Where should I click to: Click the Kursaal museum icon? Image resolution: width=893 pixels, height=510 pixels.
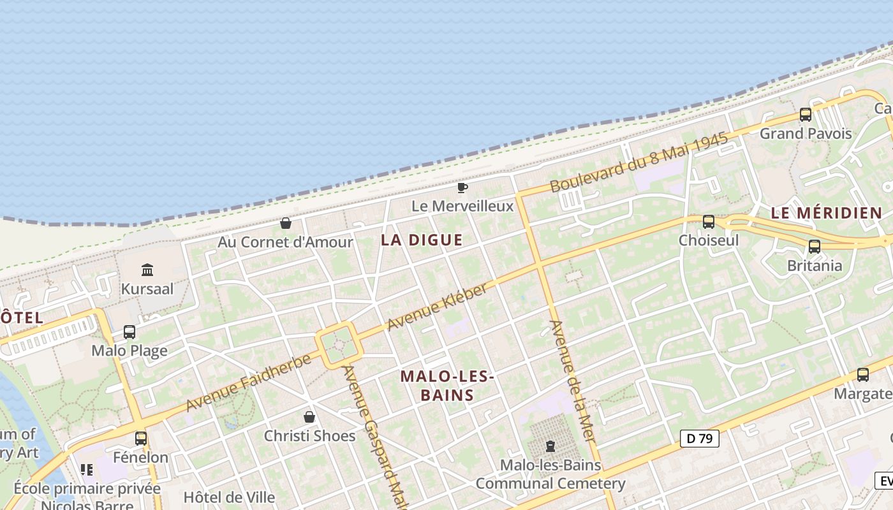click(147, 270)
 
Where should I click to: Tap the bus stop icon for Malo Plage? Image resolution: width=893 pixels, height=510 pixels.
click(129, 332)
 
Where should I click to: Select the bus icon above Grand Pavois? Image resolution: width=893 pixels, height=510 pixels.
click(806, 115)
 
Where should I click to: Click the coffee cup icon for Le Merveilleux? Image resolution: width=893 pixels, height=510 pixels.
click(462, 187)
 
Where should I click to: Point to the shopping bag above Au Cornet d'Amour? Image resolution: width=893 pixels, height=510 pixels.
click(286, 223)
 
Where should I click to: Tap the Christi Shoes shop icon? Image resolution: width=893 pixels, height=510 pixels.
click(309, 417)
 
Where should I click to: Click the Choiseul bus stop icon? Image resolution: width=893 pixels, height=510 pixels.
click(709, 222)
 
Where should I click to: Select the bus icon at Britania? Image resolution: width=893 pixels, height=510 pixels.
click(815, 247)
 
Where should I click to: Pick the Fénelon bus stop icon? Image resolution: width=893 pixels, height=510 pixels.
click(141, 439)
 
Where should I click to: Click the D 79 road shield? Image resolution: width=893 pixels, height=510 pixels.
click(700, 439)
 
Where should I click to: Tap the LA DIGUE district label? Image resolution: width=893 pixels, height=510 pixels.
click(422, 240)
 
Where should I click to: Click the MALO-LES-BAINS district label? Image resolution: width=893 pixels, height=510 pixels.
click(447, 386)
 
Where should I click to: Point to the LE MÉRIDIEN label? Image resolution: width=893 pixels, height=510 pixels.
click(826, 214)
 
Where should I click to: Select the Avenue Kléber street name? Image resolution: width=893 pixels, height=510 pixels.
click(437, 307)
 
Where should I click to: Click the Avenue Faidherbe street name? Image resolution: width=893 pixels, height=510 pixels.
click(248, 382)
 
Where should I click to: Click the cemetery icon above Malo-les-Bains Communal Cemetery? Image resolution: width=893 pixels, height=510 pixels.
click(550, 446)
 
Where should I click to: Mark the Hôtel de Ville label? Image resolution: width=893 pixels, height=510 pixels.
click(229, 497)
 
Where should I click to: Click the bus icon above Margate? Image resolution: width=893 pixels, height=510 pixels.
click(863, 375)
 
